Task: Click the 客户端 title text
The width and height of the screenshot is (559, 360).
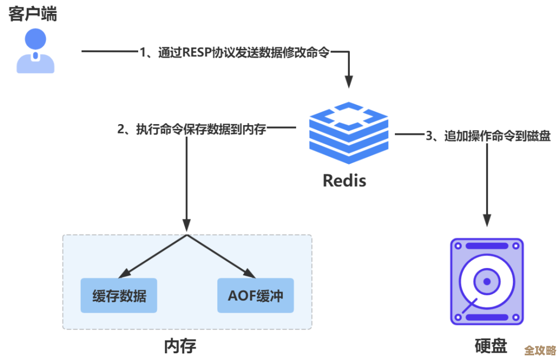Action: tap(33, 13)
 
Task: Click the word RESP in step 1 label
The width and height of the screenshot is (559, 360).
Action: tap(197, 52)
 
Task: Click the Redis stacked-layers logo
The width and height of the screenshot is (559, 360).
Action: tap(348, 133)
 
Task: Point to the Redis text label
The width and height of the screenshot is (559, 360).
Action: tap(344, 181)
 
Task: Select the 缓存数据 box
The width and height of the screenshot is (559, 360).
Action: tap(119, 296)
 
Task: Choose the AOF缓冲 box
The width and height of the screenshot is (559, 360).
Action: tap(255, 296)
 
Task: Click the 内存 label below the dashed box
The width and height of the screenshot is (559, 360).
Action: tap(180, 346)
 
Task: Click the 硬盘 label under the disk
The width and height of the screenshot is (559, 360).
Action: tap(490, 346)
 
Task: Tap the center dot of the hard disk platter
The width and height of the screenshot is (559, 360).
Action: tap(487, 282)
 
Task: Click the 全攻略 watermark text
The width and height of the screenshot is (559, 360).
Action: tap(539, 350)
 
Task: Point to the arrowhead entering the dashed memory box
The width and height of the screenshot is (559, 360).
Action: tap(186, 227)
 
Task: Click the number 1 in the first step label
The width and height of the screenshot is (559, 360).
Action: tap(143, 52)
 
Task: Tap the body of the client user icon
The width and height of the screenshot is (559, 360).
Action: tap(35, 64)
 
